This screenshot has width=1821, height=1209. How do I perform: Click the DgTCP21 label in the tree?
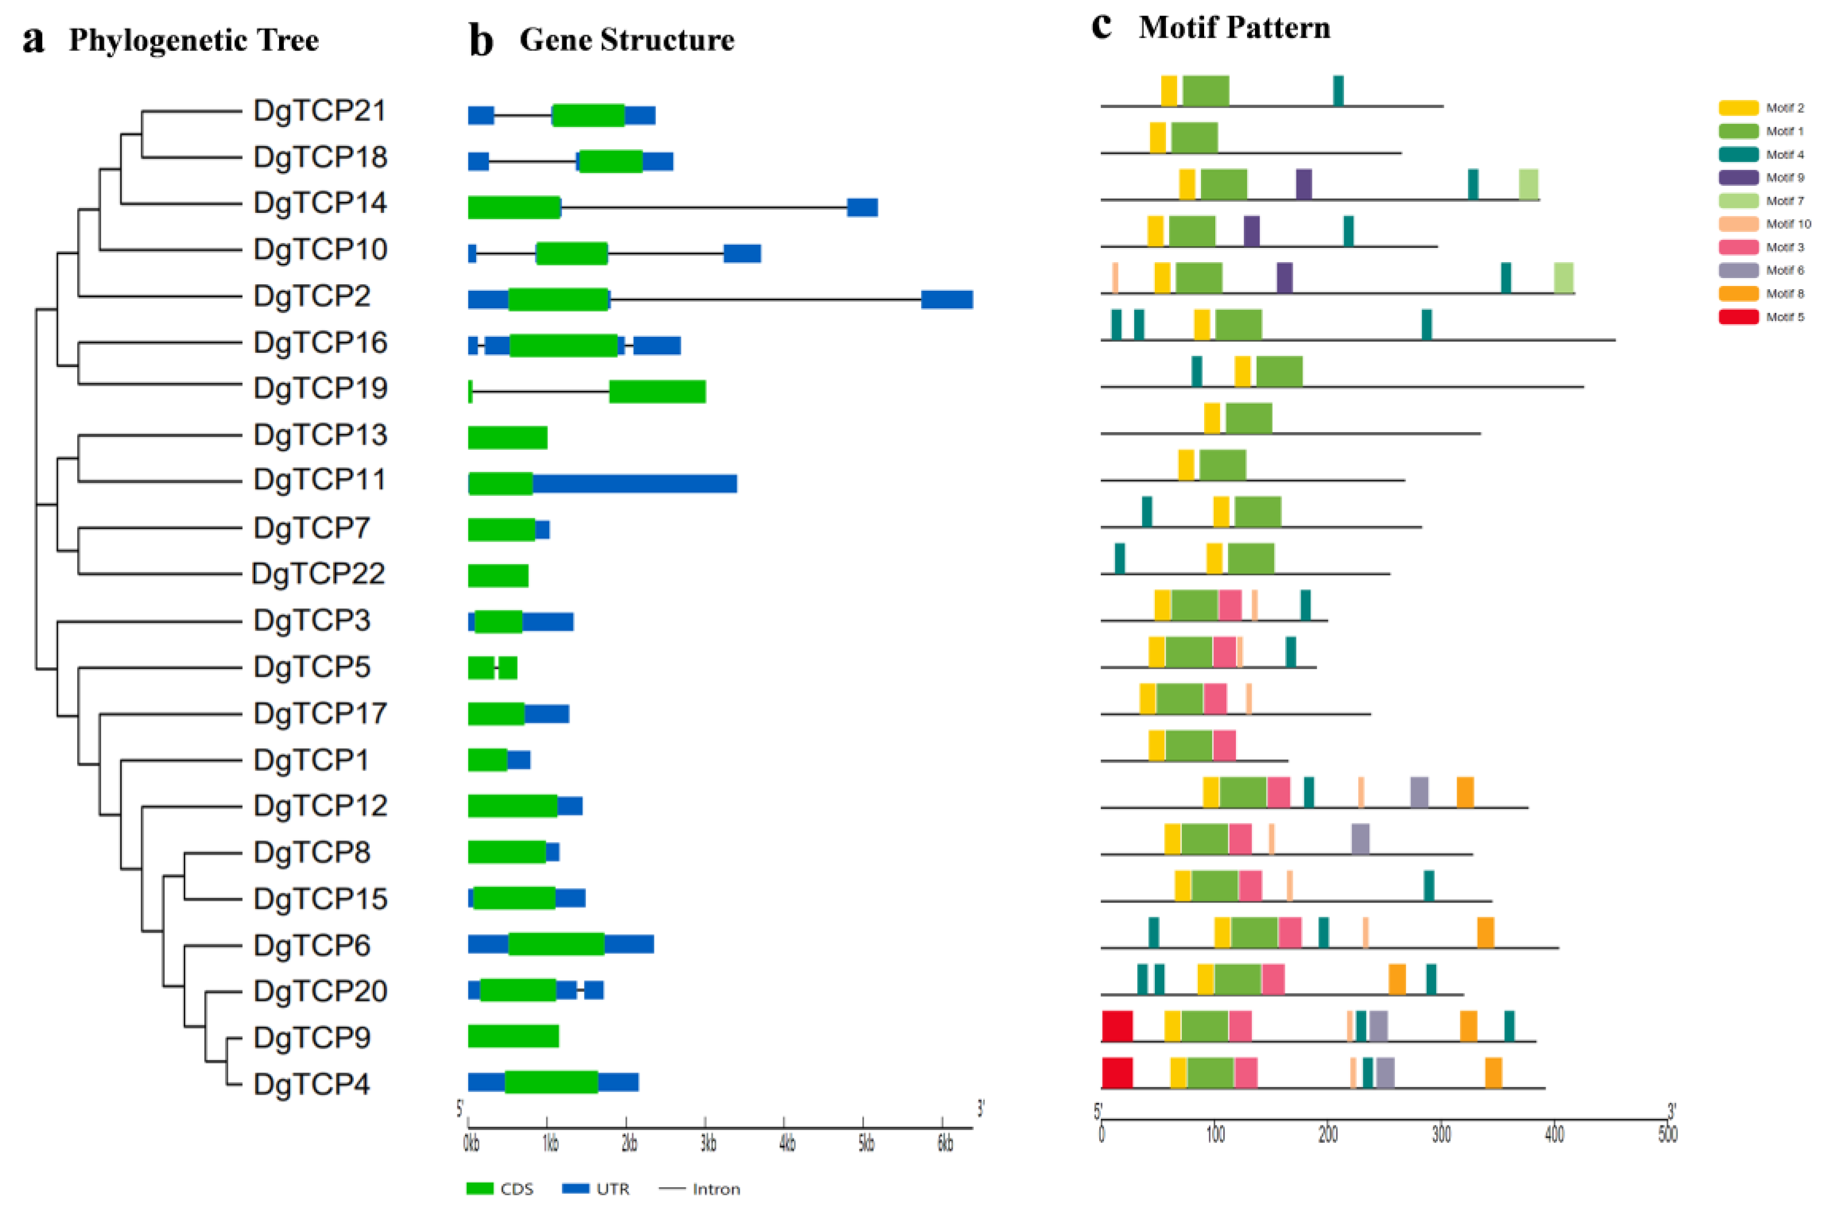point(319,111)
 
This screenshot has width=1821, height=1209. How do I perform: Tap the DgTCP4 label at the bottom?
point(311,1084)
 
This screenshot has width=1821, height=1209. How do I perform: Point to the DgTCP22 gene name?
point(318,574)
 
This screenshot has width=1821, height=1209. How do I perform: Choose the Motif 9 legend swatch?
point(1738,177)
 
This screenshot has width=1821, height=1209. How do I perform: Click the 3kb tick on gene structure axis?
point(707,1143)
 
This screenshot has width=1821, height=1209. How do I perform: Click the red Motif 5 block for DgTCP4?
point(1116,1072)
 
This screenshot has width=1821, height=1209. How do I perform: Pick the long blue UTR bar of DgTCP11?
point(634,483)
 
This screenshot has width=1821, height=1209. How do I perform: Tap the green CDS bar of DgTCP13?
point(507,437)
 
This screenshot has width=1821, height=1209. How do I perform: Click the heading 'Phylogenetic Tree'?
point(193,40)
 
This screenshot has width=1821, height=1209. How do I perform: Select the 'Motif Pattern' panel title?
point(1234,28)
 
